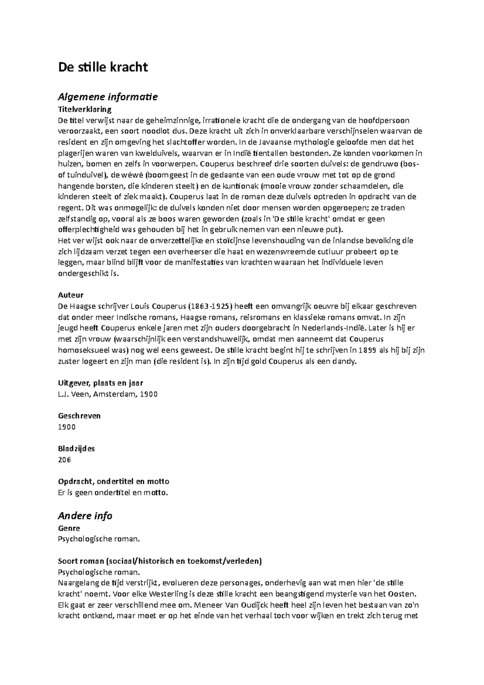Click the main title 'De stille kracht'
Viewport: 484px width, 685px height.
(x=103, y=67)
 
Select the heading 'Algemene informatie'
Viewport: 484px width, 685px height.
(x=108, y=97)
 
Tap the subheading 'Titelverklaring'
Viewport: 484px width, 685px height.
(x=85, y=109)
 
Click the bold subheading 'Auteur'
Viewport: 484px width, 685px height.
(x=71, y=295)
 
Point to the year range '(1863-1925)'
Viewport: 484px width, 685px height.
(x=213, y=306)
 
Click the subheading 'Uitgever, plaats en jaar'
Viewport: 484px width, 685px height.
(x=100, y=383)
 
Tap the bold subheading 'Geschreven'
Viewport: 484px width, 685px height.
(x=79, y=416)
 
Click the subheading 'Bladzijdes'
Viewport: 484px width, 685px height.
(x=77, y=449)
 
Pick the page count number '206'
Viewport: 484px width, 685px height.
(x=65, y=459)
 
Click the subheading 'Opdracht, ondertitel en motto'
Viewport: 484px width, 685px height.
(x=114, y=481)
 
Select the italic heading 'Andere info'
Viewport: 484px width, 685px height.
(x=85, y=516)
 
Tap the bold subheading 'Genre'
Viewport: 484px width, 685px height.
(x=69, y=528)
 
